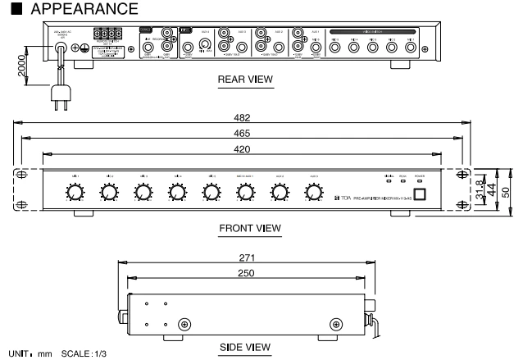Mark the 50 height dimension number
(507, 191)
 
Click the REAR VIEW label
(245, 80)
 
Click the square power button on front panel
(419, 194)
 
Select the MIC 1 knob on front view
(75, 193)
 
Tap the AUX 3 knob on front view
(312, 193)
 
